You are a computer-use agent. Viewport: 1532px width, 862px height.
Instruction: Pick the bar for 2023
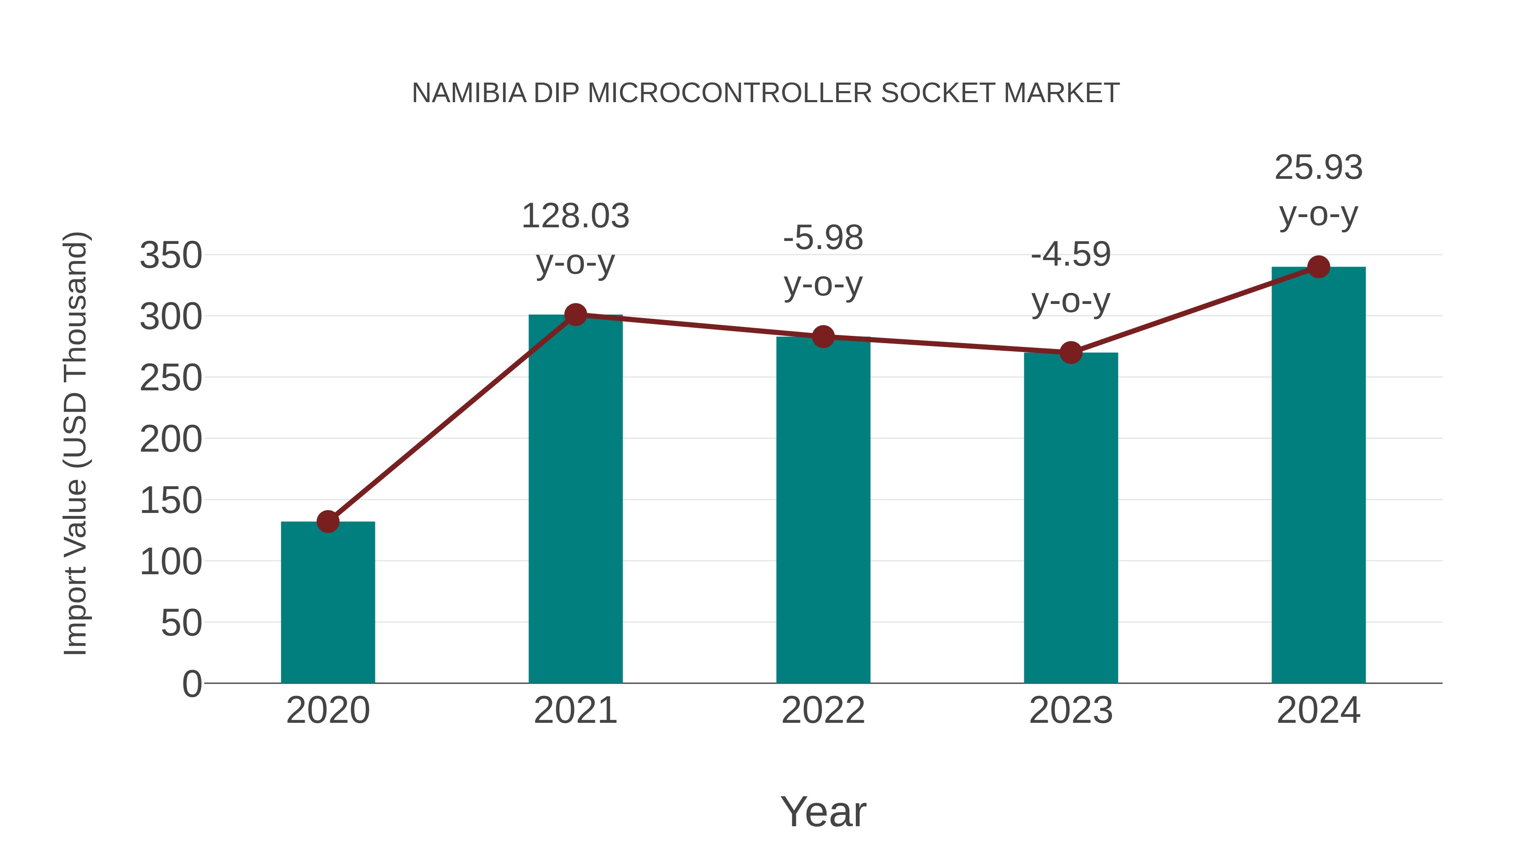click(1071, 518)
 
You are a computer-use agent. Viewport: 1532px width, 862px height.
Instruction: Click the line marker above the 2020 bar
click(328, 522)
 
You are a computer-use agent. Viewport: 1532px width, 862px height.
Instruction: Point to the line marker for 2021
click(575, 315)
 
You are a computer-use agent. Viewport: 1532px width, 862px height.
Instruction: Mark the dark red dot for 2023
click(1071, 353)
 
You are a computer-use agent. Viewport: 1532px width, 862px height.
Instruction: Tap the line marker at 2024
click(1318, 267)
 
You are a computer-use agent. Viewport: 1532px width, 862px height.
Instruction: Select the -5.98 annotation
click(823, 238)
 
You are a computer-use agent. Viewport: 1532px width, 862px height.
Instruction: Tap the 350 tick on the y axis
click(171, 256)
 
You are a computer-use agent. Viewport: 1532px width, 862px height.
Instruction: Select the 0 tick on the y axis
click(192, 684)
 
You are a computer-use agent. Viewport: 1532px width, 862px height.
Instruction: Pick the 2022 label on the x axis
click(823, 710)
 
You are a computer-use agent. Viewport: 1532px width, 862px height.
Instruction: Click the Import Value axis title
click(76, 443)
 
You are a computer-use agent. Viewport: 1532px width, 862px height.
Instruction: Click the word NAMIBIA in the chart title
click(469, 93)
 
